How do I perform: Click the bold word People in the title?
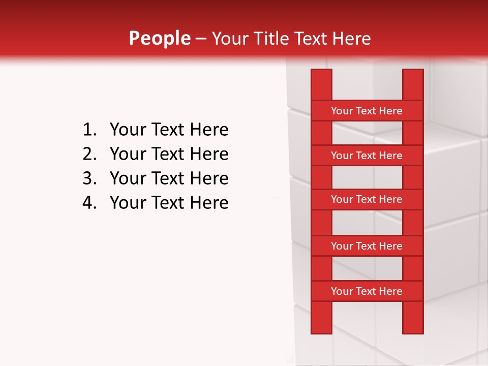pos(159,39)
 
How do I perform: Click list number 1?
pos(89,130)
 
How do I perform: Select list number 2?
pos(89,154)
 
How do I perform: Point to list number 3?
pos(89,178)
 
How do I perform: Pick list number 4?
pos(89,203)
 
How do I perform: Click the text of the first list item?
pos(169,130)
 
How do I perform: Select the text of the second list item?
pos(169,154)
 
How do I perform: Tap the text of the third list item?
pos(169,178)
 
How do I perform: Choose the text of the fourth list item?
pos(169,203)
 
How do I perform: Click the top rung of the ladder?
pos(367,111)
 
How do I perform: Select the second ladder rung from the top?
pos(367,156)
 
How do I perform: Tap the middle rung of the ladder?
pos(367,200)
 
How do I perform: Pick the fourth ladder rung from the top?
pos(367,246)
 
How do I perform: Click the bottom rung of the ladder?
pos(367,291)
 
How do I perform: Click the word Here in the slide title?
pos(351,39)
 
